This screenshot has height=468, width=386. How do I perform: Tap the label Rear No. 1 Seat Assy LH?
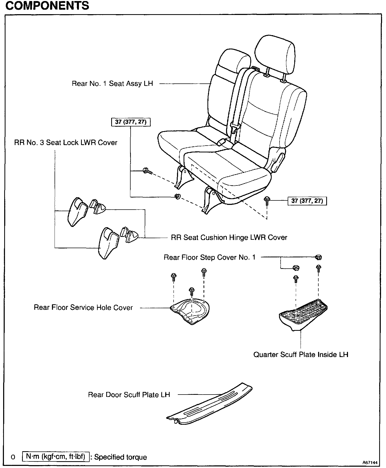(x=112, y=84)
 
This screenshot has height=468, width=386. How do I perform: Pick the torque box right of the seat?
(x=307, y=201)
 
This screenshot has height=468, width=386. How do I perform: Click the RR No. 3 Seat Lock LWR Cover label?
(x=66, y=143)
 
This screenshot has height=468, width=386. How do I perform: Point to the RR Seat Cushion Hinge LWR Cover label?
(x=229, y=238)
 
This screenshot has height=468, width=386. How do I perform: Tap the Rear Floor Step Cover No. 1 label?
(x=209, y=257)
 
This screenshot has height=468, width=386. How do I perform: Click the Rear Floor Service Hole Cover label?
(x=83, y=307)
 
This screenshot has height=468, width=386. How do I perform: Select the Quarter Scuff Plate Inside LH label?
(x=301, y=355)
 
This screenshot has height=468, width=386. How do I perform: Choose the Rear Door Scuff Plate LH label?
(x=129, y=395)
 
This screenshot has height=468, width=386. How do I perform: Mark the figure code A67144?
(x=370, y=462)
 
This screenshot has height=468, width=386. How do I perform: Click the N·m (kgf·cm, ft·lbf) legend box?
(x=56, y=457)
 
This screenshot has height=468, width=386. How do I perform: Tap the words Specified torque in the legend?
(x=120, y=457)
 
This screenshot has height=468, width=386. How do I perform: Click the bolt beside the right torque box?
(x=267, y=200)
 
